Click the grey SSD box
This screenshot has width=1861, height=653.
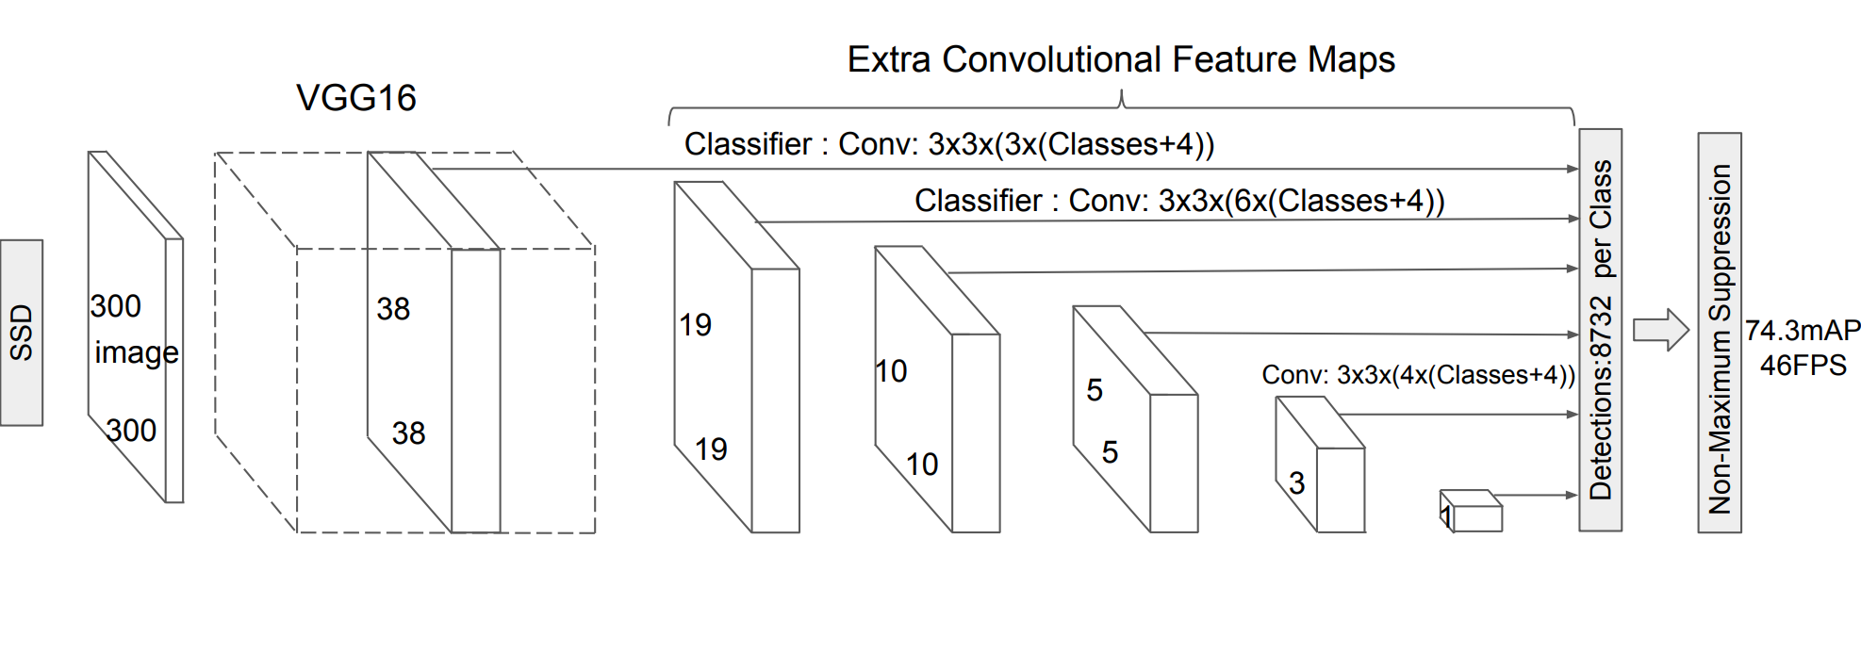click(x=22, y=333)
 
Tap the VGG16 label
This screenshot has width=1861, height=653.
click(x=356, y=98)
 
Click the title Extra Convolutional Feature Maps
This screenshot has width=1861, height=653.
click(x=1120, y=59)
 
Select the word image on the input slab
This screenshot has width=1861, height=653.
click(x=136, y=352)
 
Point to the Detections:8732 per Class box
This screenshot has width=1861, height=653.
click(x=1600, y=330)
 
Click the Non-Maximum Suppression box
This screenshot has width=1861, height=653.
click(x=1719, y=334)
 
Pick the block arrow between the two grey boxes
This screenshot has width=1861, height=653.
click(x=1660, y=330)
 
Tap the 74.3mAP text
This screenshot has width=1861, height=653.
click(x=1803, y=331)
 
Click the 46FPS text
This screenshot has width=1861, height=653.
click(x=1803, y=366)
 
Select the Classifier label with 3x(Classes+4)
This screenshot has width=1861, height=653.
click(x=948, y=144)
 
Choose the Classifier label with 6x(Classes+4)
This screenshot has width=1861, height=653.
click(x=1178, y=201)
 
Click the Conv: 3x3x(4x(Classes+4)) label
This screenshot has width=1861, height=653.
click(x=1418, y=375)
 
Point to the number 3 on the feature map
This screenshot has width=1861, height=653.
click(x=1297, y=483)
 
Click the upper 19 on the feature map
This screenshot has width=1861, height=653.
click(x=696, y=325)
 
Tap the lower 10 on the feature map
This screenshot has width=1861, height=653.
click(x=922, y=465)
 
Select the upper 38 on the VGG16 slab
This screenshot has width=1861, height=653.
click(x=393, y=309)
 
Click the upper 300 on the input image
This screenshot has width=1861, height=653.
click(x=116, y=306)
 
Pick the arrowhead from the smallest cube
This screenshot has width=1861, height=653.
click(x=1572, y=495)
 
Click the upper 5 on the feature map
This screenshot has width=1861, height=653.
click(x=1095, y=390)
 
